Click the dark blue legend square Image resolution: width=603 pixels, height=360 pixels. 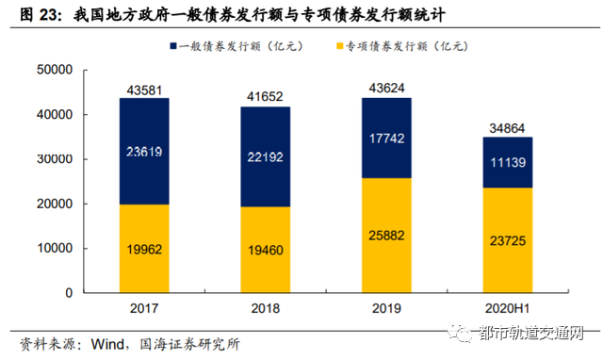click(x=175, y=45)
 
